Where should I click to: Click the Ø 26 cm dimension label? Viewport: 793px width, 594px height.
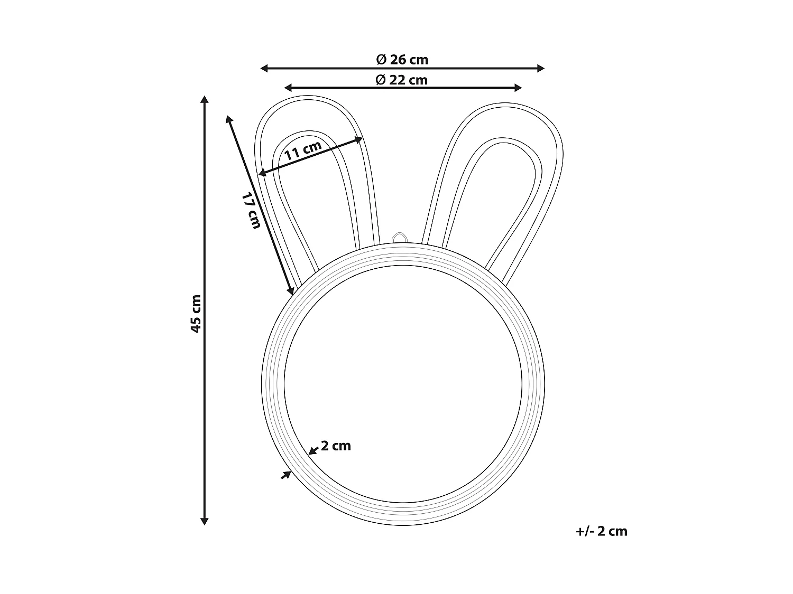[402, 60]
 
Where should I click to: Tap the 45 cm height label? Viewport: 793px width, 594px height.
[196, 313]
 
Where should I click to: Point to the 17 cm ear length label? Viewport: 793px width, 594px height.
[252, 211]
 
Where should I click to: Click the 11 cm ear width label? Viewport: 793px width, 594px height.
[302, 151]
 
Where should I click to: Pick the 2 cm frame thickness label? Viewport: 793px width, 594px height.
[336, 446]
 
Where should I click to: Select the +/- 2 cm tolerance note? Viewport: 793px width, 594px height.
[602, 531]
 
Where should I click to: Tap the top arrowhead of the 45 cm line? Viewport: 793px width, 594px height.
[205, 99]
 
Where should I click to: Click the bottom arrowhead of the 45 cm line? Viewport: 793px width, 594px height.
[205, 521]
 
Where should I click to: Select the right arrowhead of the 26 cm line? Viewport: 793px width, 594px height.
[541, 68]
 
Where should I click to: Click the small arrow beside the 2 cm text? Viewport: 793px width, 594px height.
[313, 450]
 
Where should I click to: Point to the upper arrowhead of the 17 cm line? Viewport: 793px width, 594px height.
[229, 118]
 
